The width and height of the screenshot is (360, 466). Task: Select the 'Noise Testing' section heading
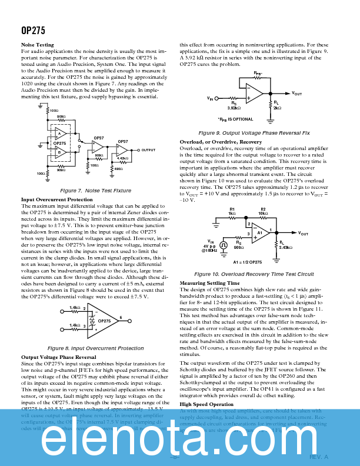(38, 45)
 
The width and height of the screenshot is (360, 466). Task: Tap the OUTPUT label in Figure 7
(148, 150)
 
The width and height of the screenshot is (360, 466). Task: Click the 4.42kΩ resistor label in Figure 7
(122, 158)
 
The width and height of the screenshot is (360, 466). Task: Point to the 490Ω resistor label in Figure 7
(118, 169)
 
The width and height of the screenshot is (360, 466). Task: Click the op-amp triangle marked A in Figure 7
(59, 134)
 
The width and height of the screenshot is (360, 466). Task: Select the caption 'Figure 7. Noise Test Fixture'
(95, 191)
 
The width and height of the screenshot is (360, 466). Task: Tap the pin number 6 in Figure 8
(120, 317)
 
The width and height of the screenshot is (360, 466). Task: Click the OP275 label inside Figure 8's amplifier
(104, 321)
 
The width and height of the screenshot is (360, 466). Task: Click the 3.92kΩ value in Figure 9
(235, 108)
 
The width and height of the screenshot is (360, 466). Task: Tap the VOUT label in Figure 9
(297, 94)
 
